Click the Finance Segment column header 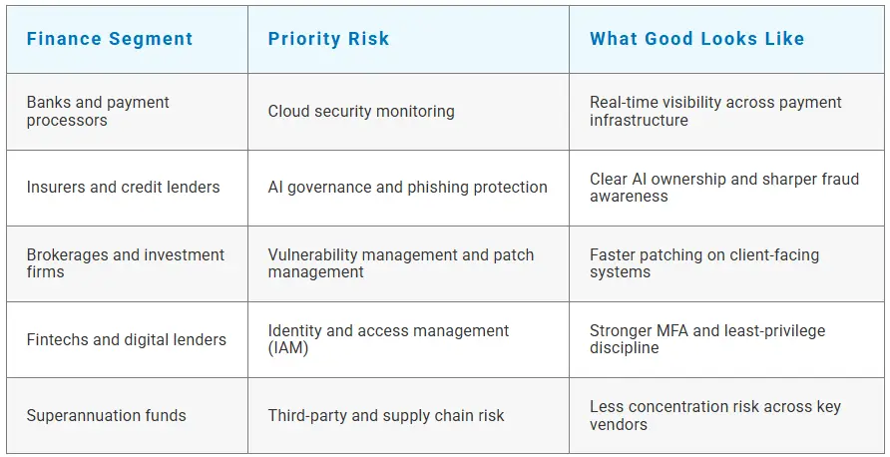pyautogui.click(x=110, y=39)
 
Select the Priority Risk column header pyautogui.click(x=328, y=39)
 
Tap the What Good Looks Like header pyautogui.click(x=697, y=39)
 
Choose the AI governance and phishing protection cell pyautogui.click(x=407, y=188)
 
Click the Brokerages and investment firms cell pyautogui.click(x=126, y=262)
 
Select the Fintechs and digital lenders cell pyautogui.click(x=126, y=339)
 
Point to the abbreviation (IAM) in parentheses pyautogui.click(x=288, y=348)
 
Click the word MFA pyautogui.click(x=672, y=330)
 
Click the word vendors pyautogui.click(x=619, y=424)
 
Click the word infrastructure pyautogui.click(x=639, y=120)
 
